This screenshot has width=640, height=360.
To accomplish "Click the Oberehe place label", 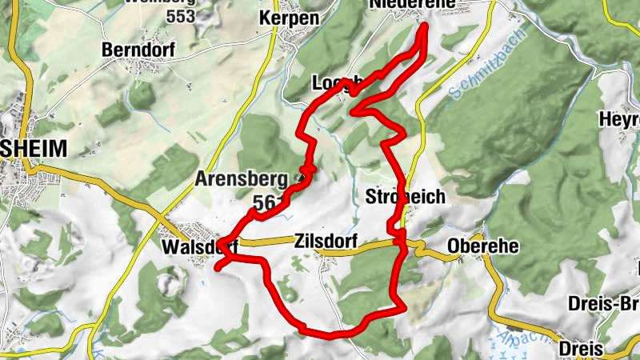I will coord(483,246).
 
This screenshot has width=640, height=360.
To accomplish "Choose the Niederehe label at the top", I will coord(413,5).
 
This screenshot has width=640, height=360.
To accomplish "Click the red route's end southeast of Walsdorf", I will coord(217,269).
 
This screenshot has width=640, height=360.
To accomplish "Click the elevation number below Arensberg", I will coord(263,202).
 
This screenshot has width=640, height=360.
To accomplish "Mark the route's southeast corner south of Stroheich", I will coord(400,305).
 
